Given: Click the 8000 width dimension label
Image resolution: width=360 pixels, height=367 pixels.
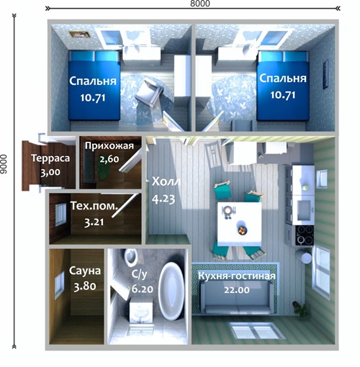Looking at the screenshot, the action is pos(200,4).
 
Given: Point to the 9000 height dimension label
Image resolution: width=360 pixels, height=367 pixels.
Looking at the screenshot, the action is pos(4,164).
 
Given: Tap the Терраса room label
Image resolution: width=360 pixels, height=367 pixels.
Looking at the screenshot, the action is pos(50,158).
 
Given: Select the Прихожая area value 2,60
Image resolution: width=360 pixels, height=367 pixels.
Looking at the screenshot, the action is pos(109,159).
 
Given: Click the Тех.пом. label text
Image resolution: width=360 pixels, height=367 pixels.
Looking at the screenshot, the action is pos(94,206).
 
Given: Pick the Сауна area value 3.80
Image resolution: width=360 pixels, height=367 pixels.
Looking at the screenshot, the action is pos(85,286).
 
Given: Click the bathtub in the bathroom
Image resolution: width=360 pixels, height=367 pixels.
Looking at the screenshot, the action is pos(171,291).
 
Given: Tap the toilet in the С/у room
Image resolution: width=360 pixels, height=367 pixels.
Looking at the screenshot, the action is pos(131,257).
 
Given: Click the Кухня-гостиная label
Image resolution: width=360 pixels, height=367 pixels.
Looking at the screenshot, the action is pos(237,276).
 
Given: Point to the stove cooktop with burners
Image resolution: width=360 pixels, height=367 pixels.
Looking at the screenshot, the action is pos(305,235).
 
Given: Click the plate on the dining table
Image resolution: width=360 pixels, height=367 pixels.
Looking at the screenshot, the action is pos(228,211).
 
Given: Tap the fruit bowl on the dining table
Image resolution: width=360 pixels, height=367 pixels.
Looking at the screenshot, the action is pos(242,230).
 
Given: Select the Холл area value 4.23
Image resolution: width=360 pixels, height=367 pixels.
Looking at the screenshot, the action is pos(163,199).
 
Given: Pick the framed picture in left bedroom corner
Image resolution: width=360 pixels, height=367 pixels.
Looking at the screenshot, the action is pos(80,35).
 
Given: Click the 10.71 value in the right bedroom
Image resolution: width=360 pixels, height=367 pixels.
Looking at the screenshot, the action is pos(283,95).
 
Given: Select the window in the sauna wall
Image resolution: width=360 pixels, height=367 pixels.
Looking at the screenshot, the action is pos(59,285).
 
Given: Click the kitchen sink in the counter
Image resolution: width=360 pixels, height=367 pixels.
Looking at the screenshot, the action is pos(305,209).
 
